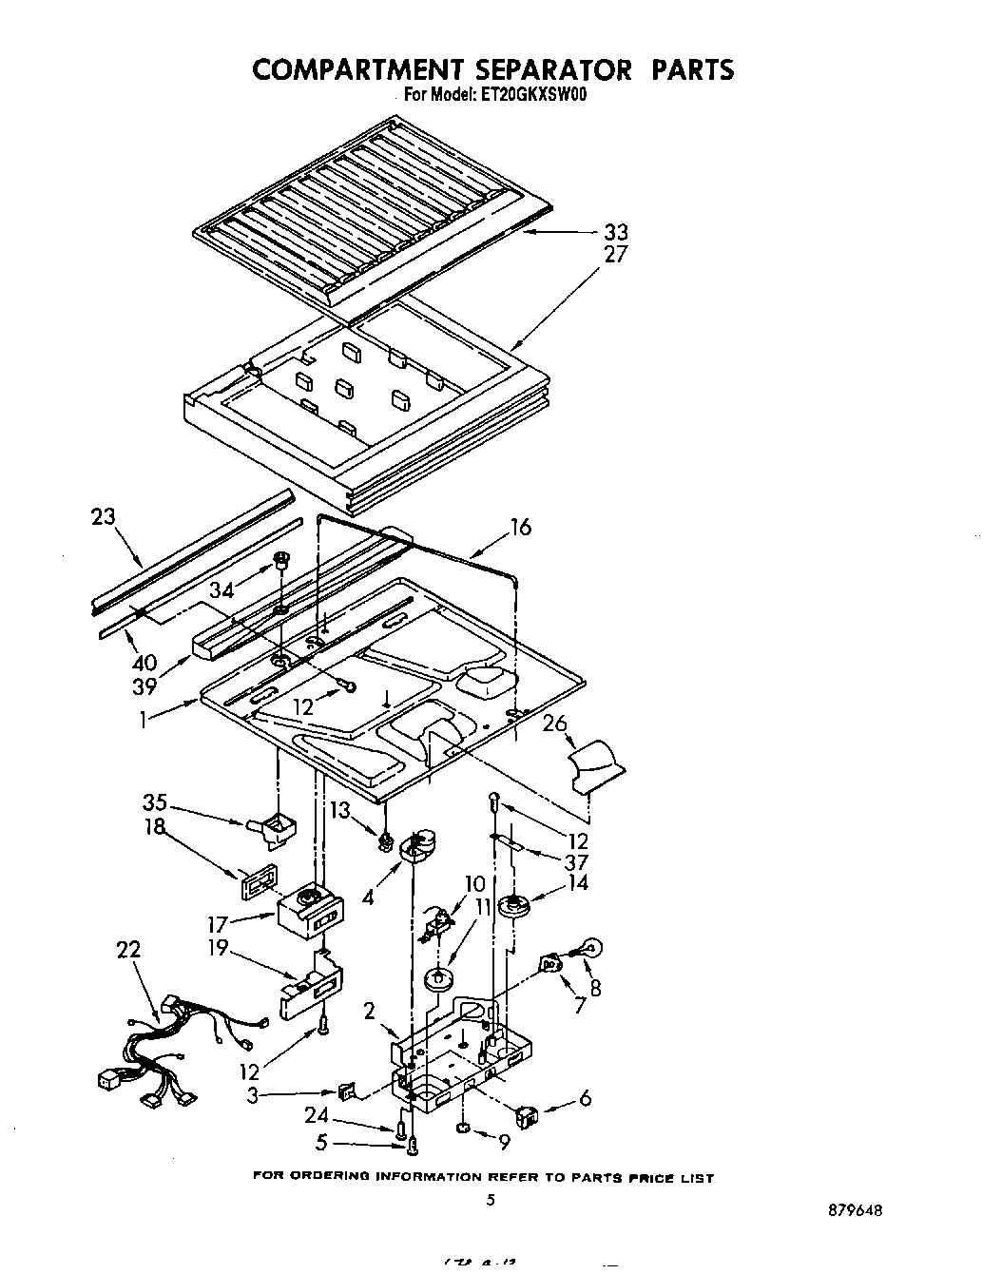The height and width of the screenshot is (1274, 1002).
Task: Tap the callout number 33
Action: click(615, 232)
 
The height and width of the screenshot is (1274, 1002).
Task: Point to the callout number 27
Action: click(615, 255)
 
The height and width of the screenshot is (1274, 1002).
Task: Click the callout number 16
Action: click(520, 528)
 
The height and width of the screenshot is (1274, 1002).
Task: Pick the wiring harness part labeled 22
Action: click(171, 1046)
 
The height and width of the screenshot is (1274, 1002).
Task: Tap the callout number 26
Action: click(554, 724)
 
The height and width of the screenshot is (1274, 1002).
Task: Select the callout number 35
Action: click(154, 801)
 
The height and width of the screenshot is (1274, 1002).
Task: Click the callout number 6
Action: click(585, 1098)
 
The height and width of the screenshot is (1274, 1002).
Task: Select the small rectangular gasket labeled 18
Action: click(260, 880)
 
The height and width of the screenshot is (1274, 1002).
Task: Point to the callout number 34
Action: click(222, 590)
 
